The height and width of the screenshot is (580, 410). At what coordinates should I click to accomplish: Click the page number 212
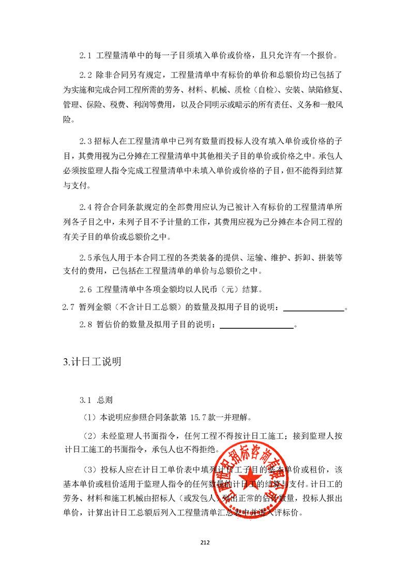click(x=205, y=542)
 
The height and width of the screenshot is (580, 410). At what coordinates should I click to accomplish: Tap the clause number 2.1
click(x=85, y=55)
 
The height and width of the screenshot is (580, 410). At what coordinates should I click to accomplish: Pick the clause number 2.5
click(x=85, y=256)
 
